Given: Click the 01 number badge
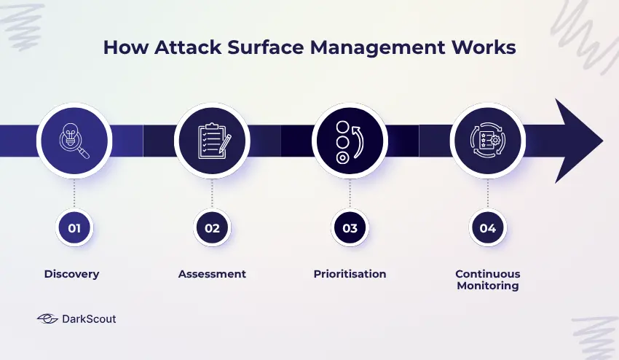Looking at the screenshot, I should (74, 228).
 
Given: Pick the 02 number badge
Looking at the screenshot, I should (212, 228).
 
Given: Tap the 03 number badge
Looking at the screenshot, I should (350, 228).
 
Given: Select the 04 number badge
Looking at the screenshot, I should (487, 228).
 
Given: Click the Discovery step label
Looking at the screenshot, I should (71, 274).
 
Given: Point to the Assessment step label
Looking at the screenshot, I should (212, 274).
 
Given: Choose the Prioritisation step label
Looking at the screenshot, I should (350, 274).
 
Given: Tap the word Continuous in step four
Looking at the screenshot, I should (487, 274).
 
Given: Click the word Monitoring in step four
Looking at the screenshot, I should (487, 286).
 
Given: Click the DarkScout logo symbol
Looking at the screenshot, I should (47, 318).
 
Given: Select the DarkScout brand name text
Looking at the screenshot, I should (89, 318).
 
